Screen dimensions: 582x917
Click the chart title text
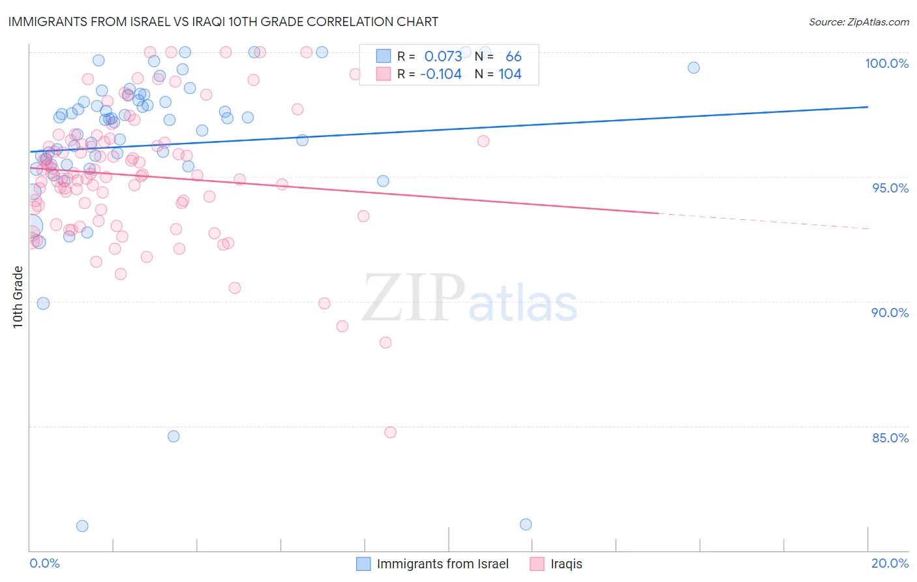(x=223, y=22)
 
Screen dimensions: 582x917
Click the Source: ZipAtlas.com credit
(x=858, y=22)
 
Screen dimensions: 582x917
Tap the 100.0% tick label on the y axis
(x=886, y=63)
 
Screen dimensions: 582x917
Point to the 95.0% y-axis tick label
(x=890, y=188)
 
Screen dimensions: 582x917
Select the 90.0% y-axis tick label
(x=890, y=313)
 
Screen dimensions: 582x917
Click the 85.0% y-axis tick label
(x=890, y=438)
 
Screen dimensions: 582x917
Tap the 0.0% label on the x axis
(x=44, y=563)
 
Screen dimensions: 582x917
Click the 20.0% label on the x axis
(x=890, y=563)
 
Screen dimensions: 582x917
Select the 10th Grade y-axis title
(x=18, y=297)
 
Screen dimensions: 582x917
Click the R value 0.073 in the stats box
(x=443, y=57)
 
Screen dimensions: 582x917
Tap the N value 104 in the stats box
(x=510, y=74)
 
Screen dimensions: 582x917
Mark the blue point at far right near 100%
(x=693, y=68)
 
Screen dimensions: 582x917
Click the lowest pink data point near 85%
(x=390, y=432)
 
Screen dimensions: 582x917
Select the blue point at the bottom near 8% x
(x=526, y=525)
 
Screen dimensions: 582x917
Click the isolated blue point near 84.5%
(x=173, y=436)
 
